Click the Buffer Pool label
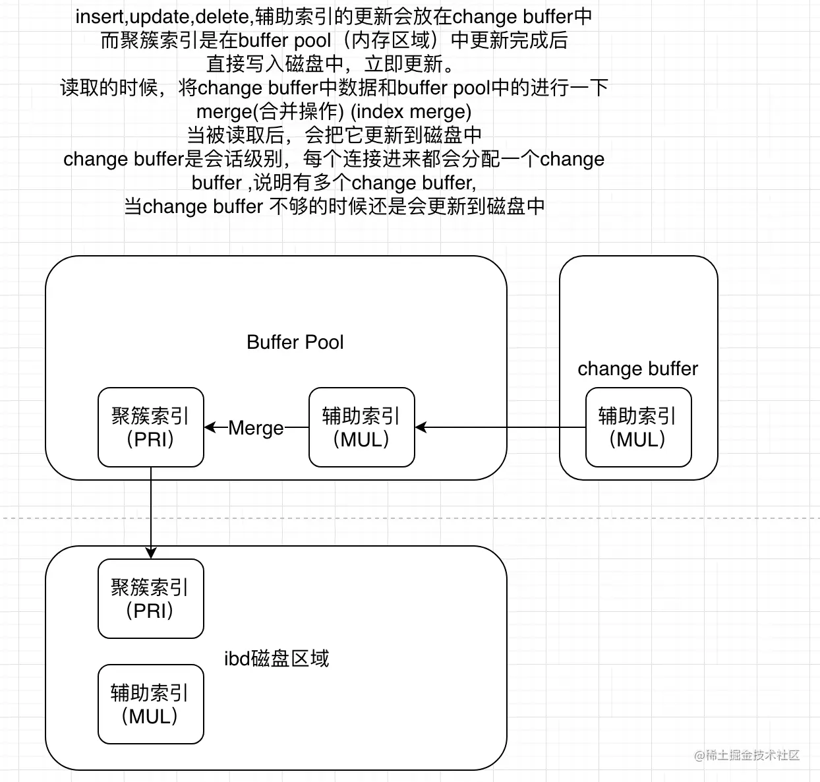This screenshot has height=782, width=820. pyautogui.click(x=295, y=342)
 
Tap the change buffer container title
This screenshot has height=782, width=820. pyautogui.click(x=637, y=369)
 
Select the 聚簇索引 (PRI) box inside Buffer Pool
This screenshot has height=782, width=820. pyautogui.click(x=151, y=427)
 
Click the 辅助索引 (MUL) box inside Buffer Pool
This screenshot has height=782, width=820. pyautogui.click(x=361, y=427)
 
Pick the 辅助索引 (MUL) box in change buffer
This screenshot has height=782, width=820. pyautogui.click(x=638, y=427)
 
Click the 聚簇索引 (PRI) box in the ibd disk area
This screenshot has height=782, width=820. pyautogui.click(x=151, y=599)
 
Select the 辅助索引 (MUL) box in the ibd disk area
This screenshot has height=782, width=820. pyautogui.click(x=151, y=704)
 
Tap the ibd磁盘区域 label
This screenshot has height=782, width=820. pyautogui.click(x=276, y=658)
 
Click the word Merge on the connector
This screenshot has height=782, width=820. pyautogui.click(x=256, y=428)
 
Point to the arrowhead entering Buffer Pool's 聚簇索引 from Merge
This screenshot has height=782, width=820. pyautogui.click(x=210, y=427)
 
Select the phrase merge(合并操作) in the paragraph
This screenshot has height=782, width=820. pyautogui.click(x=270, y=111)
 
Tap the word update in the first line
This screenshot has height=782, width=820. pyautogui.click(x=160, y=16)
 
